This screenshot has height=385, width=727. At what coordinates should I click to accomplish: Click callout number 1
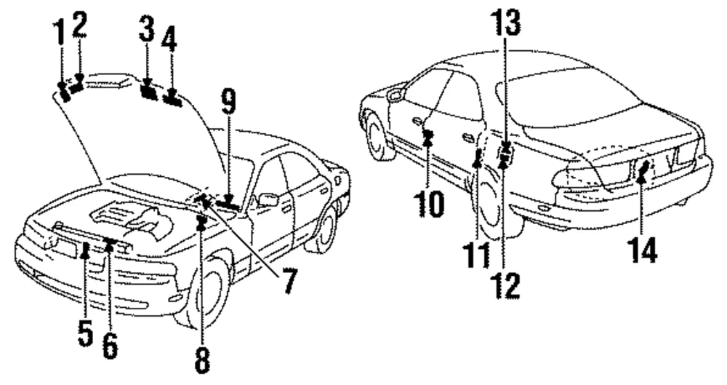60,33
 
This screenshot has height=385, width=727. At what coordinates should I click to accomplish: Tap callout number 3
147,29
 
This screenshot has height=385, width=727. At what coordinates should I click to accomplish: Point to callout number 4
169,38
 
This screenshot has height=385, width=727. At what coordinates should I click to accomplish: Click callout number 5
85,333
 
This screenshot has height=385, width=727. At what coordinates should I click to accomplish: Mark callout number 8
201,360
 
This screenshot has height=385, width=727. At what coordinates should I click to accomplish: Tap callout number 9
228,102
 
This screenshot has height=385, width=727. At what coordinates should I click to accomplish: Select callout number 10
430,205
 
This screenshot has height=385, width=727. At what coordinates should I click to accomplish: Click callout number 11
476,255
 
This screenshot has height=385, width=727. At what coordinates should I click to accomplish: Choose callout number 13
506,23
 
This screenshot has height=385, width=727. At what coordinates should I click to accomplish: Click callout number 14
643,250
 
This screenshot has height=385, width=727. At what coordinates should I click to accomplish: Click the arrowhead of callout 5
85,252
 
